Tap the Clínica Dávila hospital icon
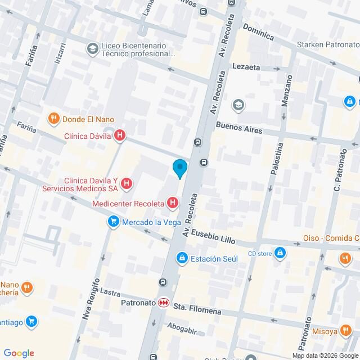pos(119,135)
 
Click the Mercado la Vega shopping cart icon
pos(114,222)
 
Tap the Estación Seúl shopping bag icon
pos(182,258)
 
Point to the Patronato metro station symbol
pos(163,303)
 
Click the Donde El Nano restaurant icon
pos(53,119)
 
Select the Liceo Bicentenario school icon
pos(91,49)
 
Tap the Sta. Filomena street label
pos(197,310)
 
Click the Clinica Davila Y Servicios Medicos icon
pos(127,183)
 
